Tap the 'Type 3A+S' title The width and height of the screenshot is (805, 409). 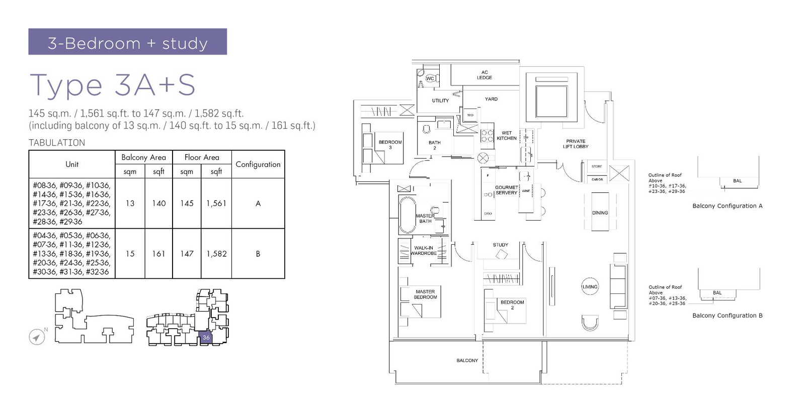coord(112,84)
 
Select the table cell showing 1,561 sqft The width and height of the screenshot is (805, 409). coord(216,203)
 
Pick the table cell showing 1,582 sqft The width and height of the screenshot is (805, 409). coord(216,254)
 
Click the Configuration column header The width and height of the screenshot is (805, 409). coord(258,164)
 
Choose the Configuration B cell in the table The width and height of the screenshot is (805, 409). coord(258,254)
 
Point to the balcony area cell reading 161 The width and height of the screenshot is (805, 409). coord(158,254)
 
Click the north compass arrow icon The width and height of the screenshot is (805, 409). coord(36,337)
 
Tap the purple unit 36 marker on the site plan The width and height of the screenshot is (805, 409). coord(206,338)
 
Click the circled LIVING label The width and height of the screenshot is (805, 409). coord(590,287)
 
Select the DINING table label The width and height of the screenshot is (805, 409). coord(600,213)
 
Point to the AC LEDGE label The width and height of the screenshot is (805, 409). coord(485,75)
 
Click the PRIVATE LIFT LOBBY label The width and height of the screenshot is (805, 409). coord(576,144)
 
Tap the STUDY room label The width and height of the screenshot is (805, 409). coord(500,245)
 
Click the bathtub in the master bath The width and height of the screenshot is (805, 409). coord(407,215)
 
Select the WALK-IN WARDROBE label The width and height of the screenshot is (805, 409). coord(424,250)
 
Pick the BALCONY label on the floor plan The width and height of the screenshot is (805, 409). coord(467,360)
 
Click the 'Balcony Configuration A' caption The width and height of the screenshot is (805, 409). coord(727,206)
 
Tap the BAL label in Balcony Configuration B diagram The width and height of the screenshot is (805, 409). coord(717,292)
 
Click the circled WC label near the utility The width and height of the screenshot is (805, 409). coord(430,78)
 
